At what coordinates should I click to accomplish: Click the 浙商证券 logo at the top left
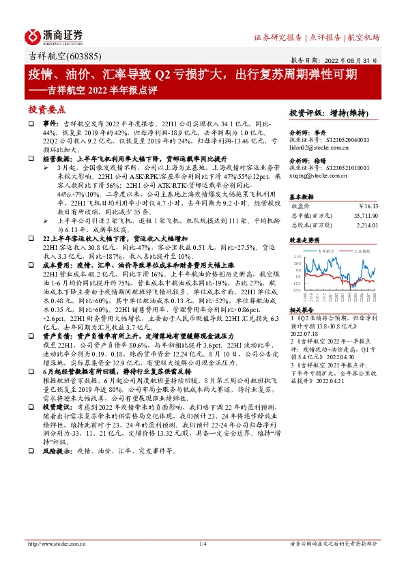click(54, 35)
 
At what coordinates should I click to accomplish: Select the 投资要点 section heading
click(46, 109)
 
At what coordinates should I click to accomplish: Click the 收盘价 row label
click(302, 204)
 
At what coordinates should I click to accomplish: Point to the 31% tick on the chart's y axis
click(298, 257)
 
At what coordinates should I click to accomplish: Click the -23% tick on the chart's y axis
click(298, 290)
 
